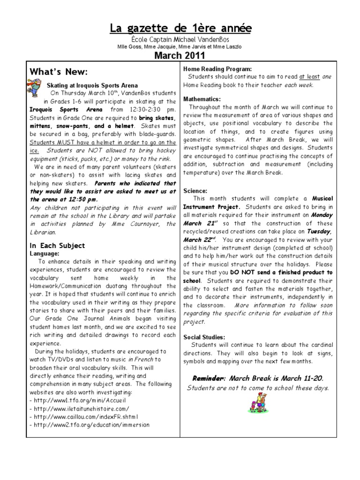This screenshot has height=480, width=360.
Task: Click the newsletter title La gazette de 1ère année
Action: coord(180,29)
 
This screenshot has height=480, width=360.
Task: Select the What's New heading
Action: coord(59,72)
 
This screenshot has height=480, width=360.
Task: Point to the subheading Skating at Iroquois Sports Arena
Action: coord(92,85)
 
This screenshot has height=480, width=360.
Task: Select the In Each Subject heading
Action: coord(57,245)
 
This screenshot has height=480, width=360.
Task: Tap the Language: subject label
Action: coord(45,253)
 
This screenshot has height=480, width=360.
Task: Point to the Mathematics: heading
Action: coord(202,99)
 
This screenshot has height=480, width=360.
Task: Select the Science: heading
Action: coord(195,191)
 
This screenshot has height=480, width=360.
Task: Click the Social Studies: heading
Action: coord(205,337)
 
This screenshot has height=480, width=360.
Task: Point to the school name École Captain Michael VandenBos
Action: coord(180,40)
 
